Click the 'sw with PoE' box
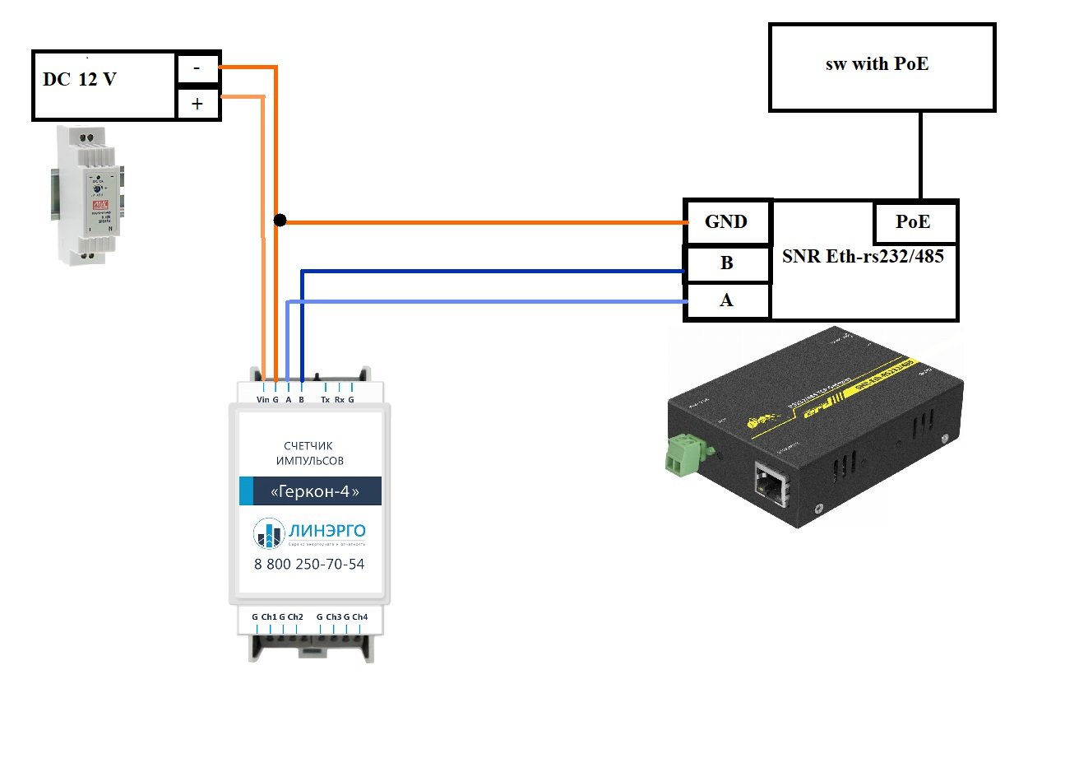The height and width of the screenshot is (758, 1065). click(882, 67)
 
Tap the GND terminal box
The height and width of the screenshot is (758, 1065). click(727, 222)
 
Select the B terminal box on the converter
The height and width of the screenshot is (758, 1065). click(727, 264)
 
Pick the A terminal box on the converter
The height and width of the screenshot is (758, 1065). click(727, 300)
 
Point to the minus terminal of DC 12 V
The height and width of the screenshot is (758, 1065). click(198, 69)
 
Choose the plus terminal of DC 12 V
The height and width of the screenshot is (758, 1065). click(198, 105)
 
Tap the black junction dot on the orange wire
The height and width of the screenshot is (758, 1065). click(280, 221)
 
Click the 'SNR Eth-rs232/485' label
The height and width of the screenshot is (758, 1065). click(863, 256)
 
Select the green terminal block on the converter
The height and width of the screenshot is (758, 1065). click(682, 455)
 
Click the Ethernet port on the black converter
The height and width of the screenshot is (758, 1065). click(771, 481)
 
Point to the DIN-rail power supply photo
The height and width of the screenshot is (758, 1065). click(87, 195)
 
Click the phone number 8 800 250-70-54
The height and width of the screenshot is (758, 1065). click(310, 564)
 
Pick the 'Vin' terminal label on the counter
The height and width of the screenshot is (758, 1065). click(262, 400)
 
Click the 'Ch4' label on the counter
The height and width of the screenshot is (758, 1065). click(359, 616)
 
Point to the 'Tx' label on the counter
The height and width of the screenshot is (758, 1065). click(325, 400)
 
